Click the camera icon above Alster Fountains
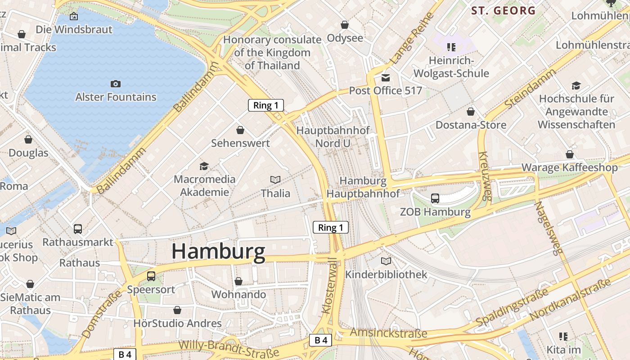click(116, 84)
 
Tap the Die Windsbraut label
click(74, 30)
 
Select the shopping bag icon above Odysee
click(344, 24)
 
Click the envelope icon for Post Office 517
click(386, 77)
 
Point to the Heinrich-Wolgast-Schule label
click(451, 67)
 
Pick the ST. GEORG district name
click(503, 11)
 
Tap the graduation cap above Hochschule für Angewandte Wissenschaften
click(576, 85)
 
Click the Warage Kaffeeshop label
click(569, 168)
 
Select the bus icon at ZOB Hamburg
click(435, 198)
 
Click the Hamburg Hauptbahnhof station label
click(363, 187)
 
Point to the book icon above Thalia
click(275, 180)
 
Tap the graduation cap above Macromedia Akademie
click(204, 166)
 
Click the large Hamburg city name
click(218, 251)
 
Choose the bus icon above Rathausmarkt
click(78, 229)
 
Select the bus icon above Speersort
click(151, 276)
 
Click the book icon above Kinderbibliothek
click(386, 261)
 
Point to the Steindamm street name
click(531, 89)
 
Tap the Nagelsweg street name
click(549, 229)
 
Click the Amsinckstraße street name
click(388, 333)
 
